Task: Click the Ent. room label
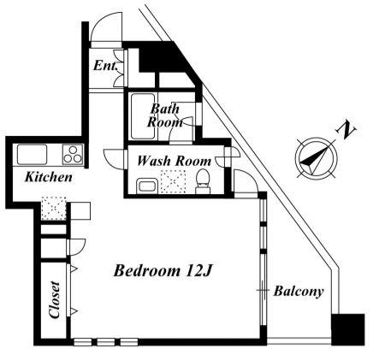[x=105, y=66]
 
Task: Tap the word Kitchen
[x=49, y=177]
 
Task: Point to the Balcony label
[x=299, y=292]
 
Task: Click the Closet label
[x=54, y=299]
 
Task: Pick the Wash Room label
[x=174, y=161]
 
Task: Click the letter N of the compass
[x=346, y=131]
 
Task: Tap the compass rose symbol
[x=316, y=157]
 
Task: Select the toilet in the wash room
[x=203, y=181]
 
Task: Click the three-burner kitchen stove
[x=73, y=155]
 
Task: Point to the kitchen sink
[x=32, y=155]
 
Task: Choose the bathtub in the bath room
[x=143, y=116]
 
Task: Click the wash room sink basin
[x=146, y=186]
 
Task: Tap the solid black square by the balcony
[x=348, y=329]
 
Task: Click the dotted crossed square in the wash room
[x=173, y=182]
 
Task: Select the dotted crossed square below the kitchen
[x=54, y=208]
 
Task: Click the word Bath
[x=165, y=109]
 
